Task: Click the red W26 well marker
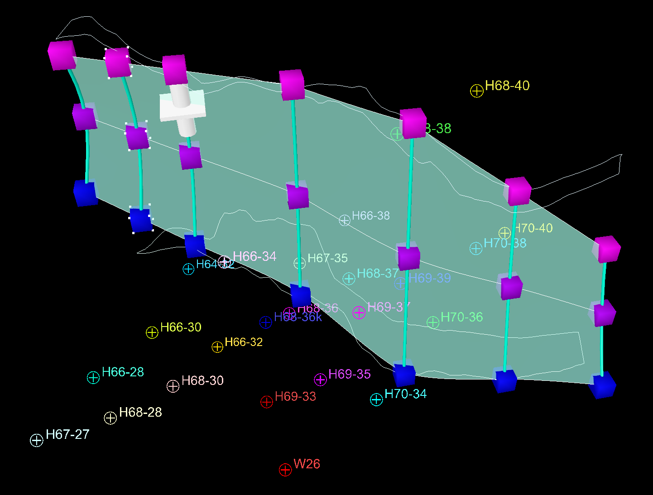(x=285, y=470)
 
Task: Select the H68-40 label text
(x=507, y=86)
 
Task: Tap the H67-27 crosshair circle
(x=37, y=440)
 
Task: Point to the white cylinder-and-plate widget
(x=183, y=111)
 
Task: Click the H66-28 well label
(x=123, y=372)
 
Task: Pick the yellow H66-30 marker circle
(x=152, y=332)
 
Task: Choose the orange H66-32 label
(x=244, y=342)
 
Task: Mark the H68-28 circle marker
(x=110, y=418)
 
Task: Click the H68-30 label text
(x=202, y=380)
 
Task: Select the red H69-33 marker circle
(x=267, y=402)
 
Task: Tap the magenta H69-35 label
(x=350, y=374)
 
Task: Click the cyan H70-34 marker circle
(x=377, y=399)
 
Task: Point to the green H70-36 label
(x=461, y=317)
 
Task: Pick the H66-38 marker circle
(x=345, y=221)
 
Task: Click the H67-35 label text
(x=327, y=258)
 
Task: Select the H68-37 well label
(x=377, y=274)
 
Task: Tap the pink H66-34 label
(x=254, y=256)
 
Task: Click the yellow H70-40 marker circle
(x=504, y=233)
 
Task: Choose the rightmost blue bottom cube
(x=603, y=385)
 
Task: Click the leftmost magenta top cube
(x=62, y=55)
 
